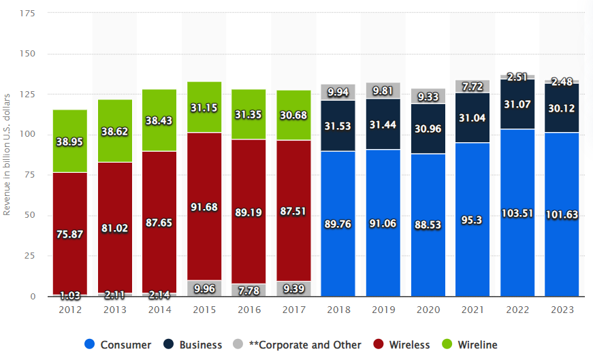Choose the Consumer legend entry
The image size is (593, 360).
(119, 344)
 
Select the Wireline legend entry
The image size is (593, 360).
(470, 344)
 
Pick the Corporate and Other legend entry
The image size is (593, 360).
(300, 344)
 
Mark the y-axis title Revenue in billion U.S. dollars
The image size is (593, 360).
(7, 154)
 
